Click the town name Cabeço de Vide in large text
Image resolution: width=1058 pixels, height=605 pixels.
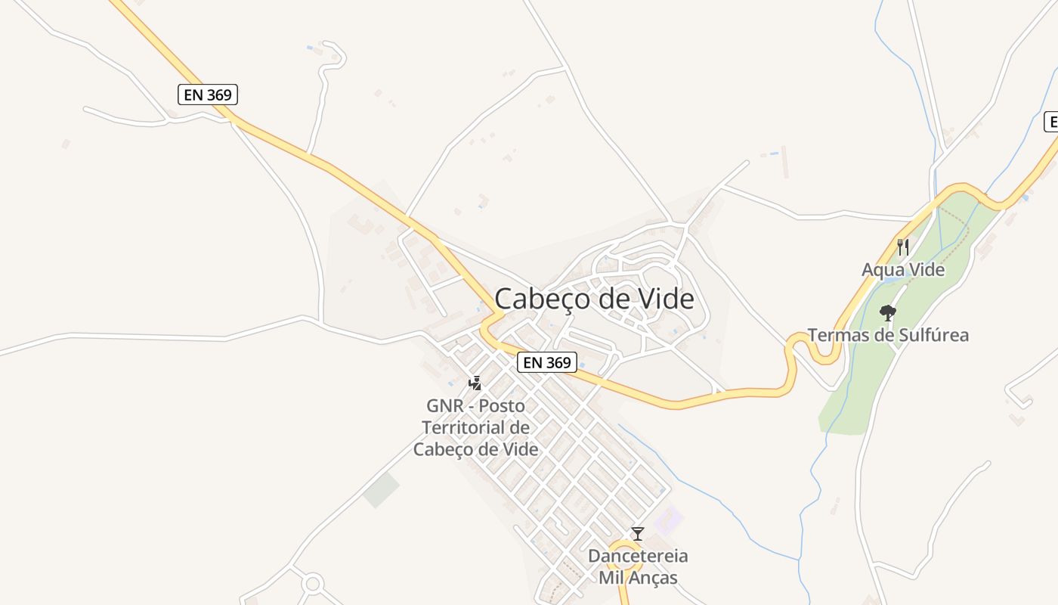(594, 299)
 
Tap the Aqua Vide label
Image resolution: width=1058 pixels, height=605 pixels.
(903, 270)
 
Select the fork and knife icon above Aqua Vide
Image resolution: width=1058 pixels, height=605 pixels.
(902, 247)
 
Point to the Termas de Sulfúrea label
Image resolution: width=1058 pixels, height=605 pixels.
(888, 335)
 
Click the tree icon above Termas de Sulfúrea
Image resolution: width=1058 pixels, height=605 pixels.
(888, 312)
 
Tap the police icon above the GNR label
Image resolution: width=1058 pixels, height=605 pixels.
(475, 383)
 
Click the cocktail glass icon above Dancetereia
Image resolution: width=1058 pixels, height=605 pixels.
(638, 534)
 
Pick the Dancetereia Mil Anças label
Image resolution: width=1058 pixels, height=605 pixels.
(638, 567)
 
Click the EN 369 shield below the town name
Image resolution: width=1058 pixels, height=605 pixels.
(547, 362)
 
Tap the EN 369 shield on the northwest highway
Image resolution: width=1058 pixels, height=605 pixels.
(208, 95)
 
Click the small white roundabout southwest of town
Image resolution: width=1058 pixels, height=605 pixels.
(312, 583)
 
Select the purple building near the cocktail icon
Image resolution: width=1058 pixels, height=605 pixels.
(668, 521)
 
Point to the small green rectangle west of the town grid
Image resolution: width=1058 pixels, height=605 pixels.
(382, 490)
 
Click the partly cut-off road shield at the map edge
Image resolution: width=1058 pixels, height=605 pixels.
(1051, 122)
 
